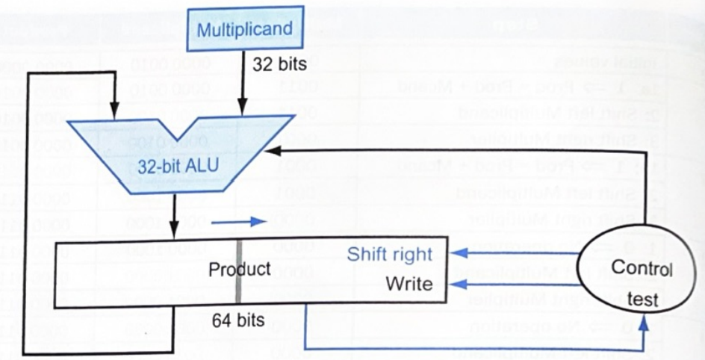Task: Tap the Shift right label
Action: click(x=389, y=254)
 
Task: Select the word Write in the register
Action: click(x=409, y=284)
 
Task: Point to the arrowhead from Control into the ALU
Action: click(x=273, y=151)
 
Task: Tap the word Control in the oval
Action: click(x=642, y=267)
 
